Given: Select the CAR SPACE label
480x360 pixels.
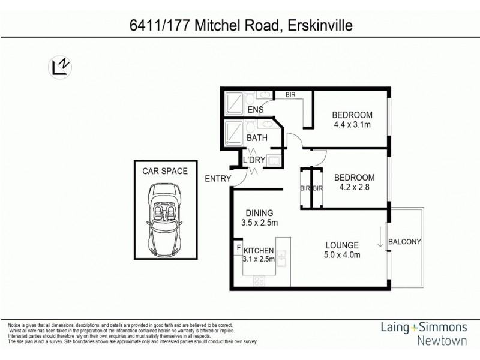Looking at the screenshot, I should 164,171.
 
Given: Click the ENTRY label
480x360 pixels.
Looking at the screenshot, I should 217,178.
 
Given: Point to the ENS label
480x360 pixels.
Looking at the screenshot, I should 256,109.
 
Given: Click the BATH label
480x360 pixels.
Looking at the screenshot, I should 257,139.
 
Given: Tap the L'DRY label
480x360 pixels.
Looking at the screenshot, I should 254,160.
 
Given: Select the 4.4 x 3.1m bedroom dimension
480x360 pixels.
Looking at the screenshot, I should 353,125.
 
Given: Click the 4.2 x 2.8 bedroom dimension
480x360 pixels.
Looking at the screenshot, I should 354,187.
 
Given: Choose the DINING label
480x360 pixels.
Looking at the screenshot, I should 259,212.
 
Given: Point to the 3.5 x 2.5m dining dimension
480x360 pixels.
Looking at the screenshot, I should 259,223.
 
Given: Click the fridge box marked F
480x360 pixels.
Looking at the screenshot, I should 239,248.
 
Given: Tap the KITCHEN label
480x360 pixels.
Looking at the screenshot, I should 259,251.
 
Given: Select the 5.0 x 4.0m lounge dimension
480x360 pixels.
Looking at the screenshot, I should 342,256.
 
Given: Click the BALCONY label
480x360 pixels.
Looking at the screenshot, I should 405,242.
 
